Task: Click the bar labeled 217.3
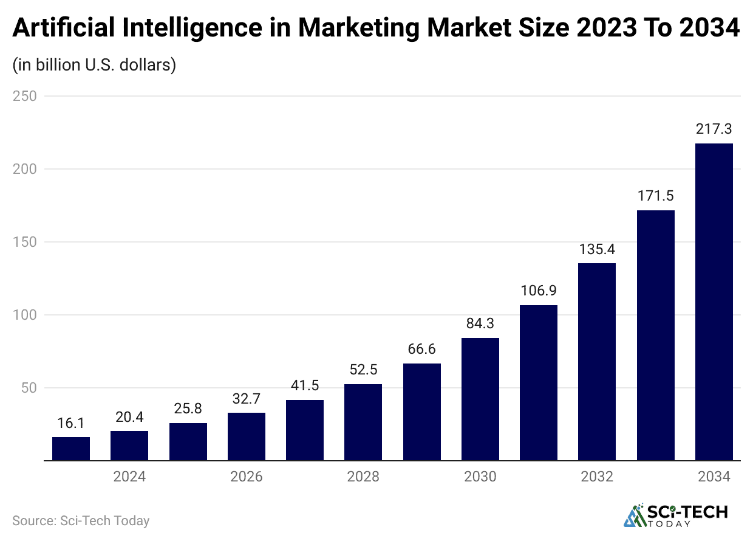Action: point(714,302)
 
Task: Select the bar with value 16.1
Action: point(71,449)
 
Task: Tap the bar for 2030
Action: point(480,399)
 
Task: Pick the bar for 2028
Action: point(363,422)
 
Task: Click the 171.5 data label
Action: point(655,196)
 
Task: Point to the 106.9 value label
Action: point(539,291)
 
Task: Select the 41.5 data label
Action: point(305,386)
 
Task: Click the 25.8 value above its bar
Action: point(188,409)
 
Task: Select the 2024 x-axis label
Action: point(129,477)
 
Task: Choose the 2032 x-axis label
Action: point(597,477)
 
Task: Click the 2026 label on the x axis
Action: point(247,477)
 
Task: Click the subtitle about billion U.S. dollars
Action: point(94,65)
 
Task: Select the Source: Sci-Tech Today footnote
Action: point(81,521)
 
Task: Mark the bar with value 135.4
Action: point(597,362)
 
